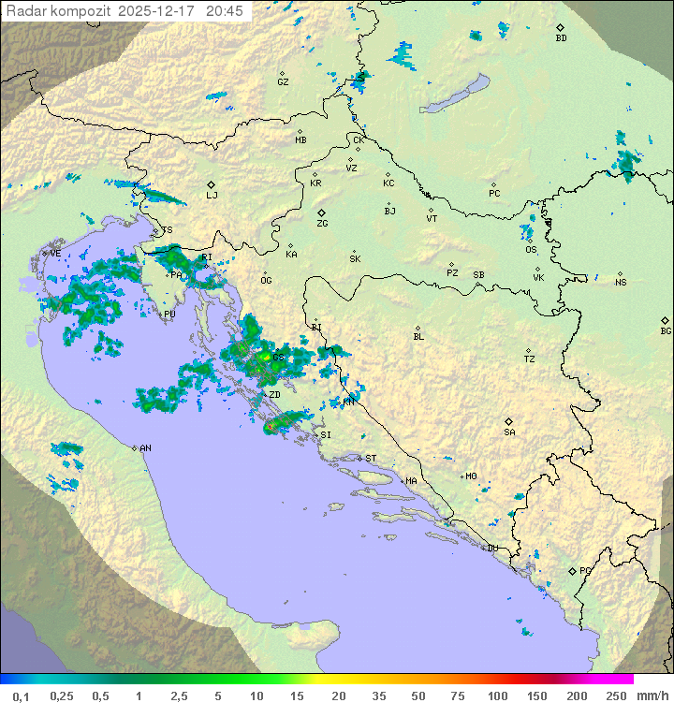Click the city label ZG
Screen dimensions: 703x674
point(322,225)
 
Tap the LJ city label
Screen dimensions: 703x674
point(212,196)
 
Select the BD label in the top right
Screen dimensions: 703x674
point(561,38)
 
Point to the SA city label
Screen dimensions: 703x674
point(509,432)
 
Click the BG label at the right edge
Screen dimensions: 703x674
point(666,331)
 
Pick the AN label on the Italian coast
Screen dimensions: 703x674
point(145,448)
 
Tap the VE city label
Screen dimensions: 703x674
point(55,254)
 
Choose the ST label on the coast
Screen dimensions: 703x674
point(371,458)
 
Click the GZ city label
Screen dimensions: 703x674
point(283,82)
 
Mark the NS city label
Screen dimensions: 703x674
point(621,282)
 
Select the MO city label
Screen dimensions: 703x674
point(471,476)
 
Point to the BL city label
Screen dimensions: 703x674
point(418,336)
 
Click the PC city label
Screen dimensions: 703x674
point(494,194)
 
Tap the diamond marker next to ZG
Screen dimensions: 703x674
point(321,213)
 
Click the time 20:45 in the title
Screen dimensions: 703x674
point(225,11)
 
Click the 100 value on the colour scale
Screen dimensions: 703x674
point(497,696)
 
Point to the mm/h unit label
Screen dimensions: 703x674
point(649,696)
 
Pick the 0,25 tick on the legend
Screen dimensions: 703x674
point(62,696)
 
